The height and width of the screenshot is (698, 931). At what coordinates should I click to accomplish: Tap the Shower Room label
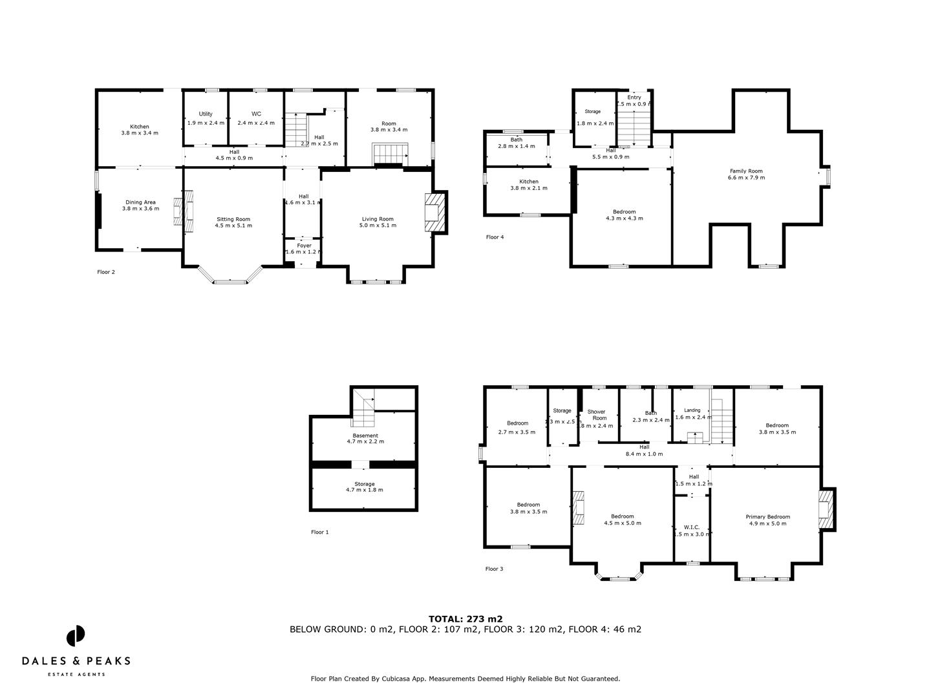click(596, 415)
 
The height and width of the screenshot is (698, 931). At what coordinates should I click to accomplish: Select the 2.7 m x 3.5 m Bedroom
click(517, 428)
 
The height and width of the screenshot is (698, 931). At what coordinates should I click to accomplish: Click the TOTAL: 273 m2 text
click(465, 619)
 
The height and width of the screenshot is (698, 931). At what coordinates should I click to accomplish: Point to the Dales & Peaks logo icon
click(76, 635)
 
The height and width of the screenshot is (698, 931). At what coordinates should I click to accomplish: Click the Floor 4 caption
click(495, 237)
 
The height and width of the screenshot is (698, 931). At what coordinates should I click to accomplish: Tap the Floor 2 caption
click(106, 272)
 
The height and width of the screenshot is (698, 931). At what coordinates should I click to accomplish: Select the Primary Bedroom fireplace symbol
click(826, 509)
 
